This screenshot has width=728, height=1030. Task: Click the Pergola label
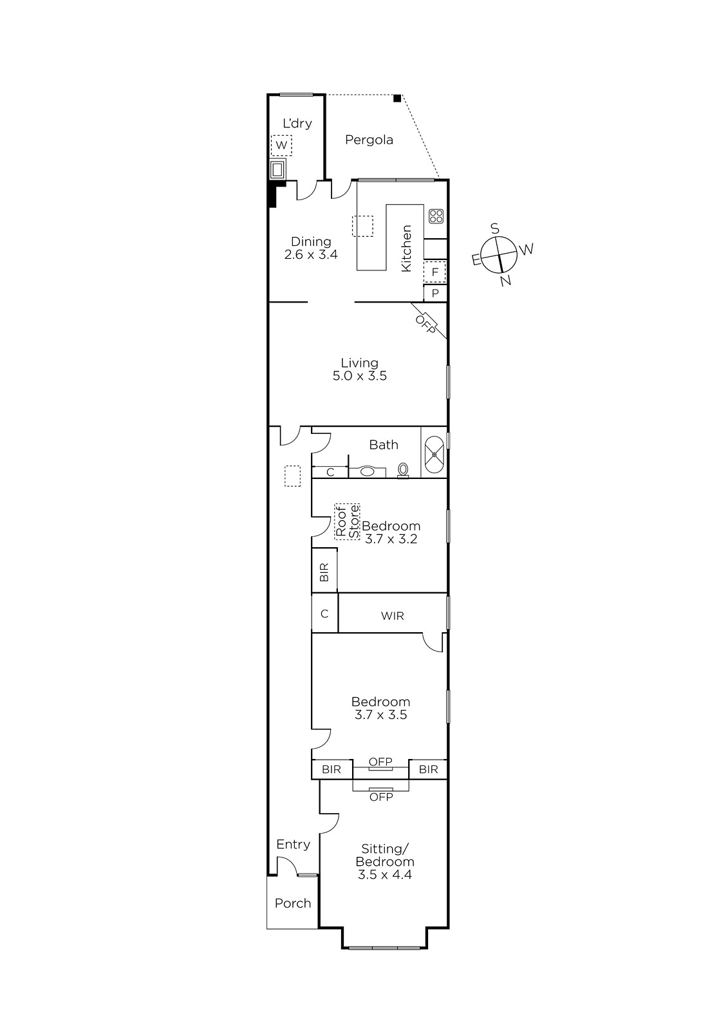click(x=369, y=140)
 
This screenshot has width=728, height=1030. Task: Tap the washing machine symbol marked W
click(x=281, y=145)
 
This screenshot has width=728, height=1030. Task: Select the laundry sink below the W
click(x=277, y=170)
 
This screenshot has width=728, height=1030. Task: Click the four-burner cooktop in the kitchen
click(x=436, y=216)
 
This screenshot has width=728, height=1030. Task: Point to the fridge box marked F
click(x=434, y=272)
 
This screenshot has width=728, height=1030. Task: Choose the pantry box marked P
click(x=435, y=293)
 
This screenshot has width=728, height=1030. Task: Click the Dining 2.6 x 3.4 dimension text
click(x=311, y=254)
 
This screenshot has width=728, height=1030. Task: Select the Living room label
click(x=359, y=363)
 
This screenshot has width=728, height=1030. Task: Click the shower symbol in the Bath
click(x=434, y=454)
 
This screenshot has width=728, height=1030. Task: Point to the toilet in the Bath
click(x=403, y=471)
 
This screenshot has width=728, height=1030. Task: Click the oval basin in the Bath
click(x=367, y=471)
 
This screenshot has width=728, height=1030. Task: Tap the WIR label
click(x=392, y=615)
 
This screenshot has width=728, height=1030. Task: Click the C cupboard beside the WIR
click(x=324, y=613)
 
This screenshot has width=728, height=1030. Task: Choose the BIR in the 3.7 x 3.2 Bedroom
click(x=324, y=570)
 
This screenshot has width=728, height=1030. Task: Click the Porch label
click(x=292, y=903)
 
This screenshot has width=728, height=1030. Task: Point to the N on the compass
click(x=505, y=280)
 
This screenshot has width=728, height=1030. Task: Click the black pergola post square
click(x=397, y=98)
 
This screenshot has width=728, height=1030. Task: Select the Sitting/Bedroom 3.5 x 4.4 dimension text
click(x=384, y=874)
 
